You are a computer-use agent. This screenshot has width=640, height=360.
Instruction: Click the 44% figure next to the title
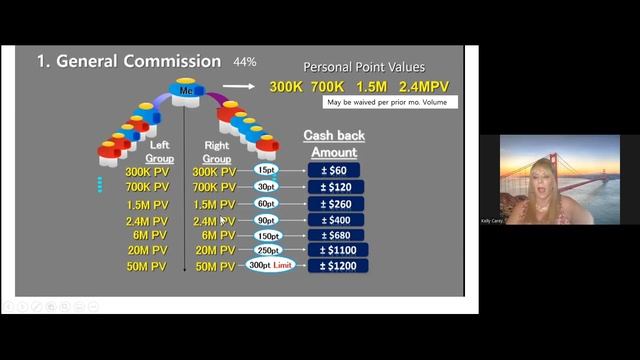245,62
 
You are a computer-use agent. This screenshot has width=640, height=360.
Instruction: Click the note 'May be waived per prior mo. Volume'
391,102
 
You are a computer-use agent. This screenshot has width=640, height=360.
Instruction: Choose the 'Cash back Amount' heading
334,144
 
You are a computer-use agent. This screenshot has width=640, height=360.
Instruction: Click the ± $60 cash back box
334,171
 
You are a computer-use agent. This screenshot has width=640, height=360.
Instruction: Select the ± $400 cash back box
334,220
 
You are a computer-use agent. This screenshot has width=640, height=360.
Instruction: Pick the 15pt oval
266,171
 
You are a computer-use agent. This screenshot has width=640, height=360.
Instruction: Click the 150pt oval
268,235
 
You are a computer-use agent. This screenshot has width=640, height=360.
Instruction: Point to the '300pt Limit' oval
271,266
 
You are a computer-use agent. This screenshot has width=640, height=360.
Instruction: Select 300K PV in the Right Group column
212,171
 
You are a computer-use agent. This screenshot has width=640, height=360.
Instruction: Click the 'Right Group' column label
216,151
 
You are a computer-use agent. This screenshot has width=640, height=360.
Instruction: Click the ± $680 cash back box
334,235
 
